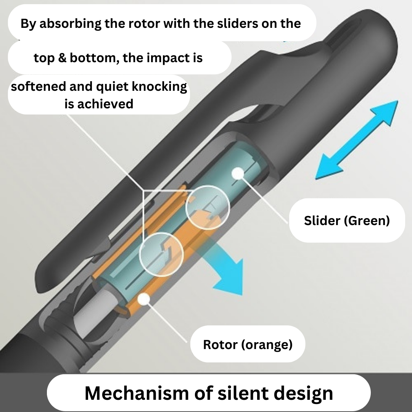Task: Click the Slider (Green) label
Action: tap(347, 220)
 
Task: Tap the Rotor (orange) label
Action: tap(248, 344)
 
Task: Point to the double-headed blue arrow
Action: tap(357, 140)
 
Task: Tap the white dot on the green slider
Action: tap(238, 173)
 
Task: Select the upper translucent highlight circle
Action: tap(208, 208)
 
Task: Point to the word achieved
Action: tap(106, 103)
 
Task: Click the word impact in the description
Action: tap(167, 58)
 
